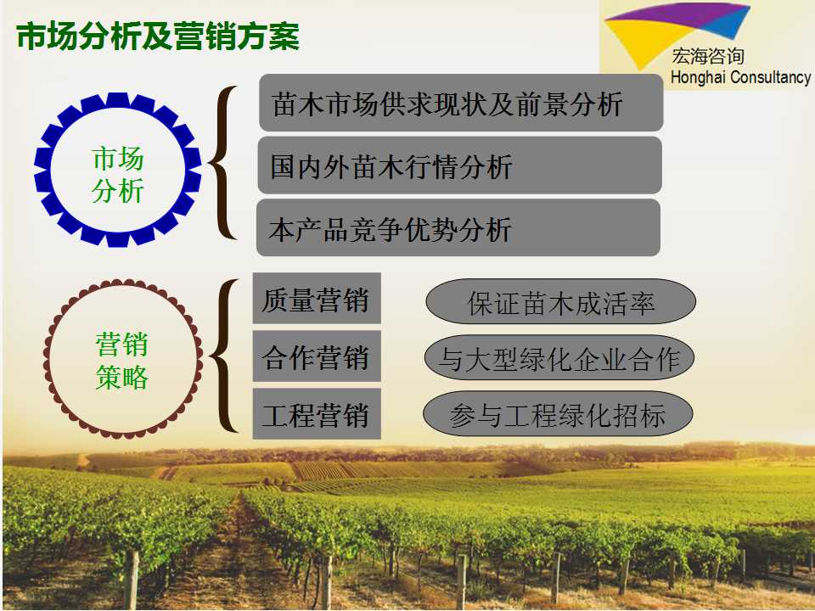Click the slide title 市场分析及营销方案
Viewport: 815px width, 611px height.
158,36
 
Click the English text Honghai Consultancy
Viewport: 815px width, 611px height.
740,77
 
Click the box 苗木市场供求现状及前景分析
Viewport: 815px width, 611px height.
460,103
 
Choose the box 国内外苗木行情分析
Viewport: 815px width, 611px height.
459,165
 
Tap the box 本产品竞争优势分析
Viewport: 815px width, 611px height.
458,227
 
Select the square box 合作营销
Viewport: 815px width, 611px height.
317,356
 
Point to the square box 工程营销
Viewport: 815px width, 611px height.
317,414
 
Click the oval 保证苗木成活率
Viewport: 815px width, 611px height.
561,301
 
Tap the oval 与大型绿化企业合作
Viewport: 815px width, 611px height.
559,358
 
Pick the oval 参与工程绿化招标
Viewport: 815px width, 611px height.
558,414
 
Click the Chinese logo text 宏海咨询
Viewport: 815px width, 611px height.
707,56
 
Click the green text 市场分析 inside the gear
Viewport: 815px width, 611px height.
117,175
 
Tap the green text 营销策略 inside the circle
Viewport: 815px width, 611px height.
122,362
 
